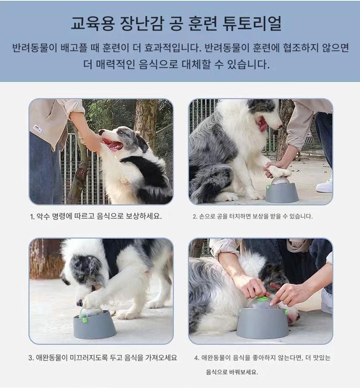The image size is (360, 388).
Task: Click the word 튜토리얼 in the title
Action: [x=252, y=24]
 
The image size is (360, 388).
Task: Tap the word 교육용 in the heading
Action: [x=93, y=24]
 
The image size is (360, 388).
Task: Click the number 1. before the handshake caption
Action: [x=32, y=217]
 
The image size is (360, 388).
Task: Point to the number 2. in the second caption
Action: [x=195, y=217]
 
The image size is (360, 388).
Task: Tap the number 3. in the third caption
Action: [x=31, y=358]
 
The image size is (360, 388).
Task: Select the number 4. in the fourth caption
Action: [x=196, y=358]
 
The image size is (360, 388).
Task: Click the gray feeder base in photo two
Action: [x=282, y=193]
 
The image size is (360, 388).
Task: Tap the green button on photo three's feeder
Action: [x=85, y=321]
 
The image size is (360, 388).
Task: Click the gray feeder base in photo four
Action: [x=262, y=323]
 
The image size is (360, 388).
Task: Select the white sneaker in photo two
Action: [x=324, y=186]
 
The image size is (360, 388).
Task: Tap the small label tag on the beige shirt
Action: [x=37, y=129]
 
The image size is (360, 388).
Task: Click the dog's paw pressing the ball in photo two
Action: [x=278, y=171]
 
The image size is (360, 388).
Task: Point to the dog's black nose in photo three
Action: [x=79, y=303]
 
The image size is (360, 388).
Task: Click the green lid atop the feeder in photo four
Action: [x=261, y=298]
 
